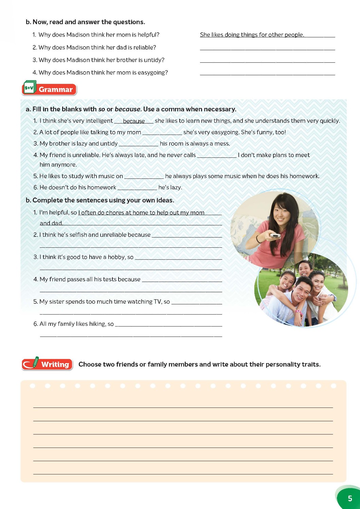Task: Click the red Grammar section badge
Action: (x=55, y=90)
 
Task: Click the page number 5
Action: (x=350, y=498)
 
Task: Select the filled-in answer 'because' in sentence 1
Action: (x=134, y=121)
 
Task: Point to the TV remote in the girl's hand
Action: (x=274, y=235)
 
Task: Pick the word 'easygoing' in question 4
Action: (x=152, y=73)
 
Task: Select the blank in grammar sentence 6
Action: (x=137, y=188)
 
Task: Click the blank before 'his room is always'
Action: (x=139, y=144)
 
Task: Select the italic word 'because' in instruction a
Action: (x=127, y=109)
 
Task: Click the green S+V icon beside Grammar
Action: (x=30, y=88)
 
